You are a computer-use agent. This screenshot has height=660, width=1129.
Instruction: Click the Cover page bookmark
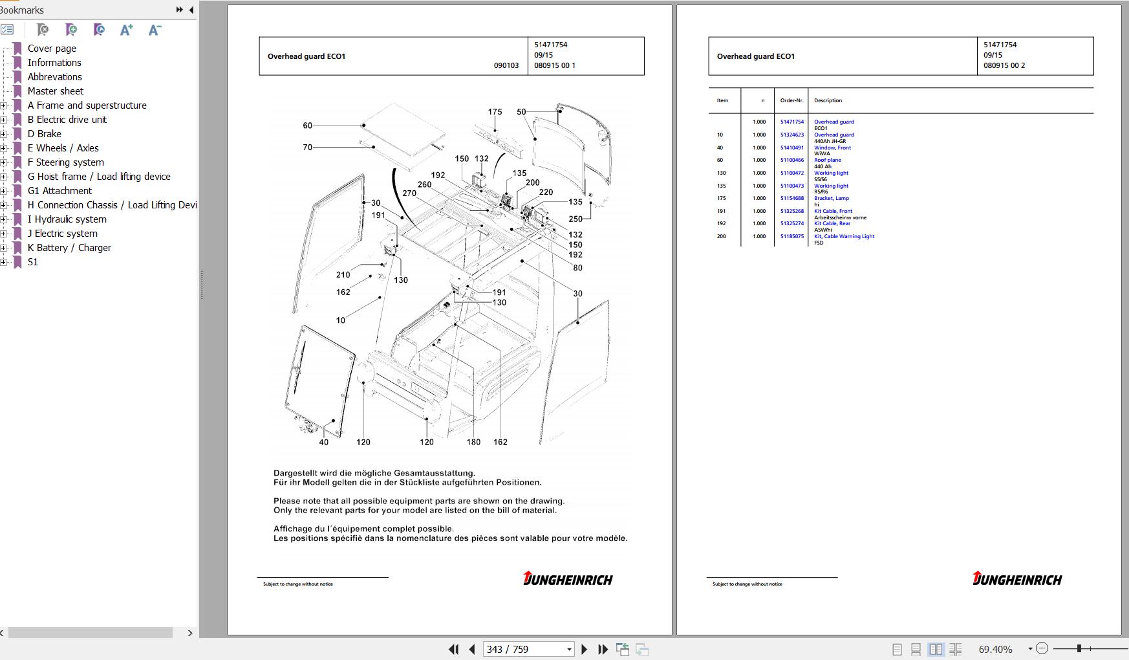[52, 49]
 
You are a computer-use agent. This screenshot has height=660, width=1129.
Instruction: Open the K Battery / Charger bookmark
[69, 248]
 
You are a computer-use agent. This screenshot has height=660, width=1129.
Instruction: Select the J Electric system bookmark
[62, 234]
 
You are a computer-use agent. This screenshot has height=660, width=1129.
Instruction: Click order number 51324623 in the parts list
[791, 135]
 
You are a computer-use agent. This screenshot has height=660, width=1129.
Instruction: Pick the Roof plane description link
[827, 160]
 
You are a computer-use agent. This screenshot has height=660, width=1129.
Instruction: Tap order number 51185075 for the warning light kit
[791, 236]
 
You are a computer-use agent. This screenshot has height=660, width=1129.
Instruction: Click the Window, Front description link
[832, 148]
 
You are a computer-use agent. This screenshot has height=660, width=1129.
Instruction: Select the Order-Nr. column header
[791, 100]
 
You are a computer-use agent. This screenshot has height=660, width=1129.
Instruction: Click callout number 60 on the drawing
[307, 126]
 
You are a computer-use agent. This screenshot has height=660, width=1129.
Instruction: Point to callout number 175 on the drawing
[495, 112]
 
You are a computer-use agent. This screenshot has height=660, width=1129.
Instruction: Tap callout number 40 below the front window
[323, 443]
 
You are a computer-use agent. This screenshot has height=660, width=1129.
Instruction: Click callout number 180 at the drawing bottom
[473, 443]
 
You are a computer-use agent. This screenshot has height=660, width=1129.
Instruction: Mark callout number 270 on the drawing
[409, 193]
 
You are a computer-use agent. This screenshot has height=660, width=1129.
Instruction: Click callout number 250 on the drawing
[575, 219]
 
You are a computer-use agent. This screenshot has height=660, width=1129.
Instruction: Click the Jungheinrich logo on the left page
[568, 578]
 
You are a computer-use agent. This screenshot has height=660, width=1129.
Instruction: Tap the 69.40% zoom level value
[995, 649]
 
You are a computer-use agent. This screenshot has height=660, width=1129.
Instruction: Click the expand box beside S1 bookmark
[4, 262]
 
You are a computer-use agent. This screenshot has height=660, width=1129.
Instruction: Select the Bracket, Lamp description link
[831, 198]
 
